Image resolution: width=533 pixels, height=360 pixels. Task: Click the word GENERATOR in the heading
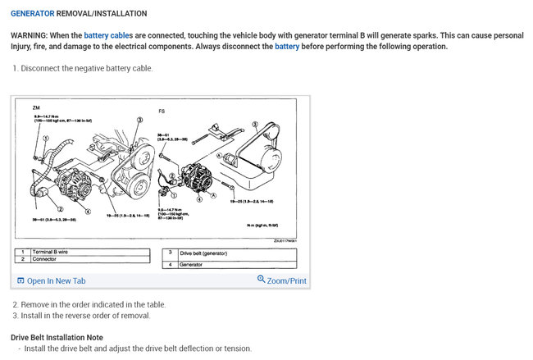pyautogui.click(x=32, y=14)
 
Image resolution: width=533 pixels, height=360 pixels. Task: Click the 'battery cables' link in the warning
pyautogui.click(x=108, y=36)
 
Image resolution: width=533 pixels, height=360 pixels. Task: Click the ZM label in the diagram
pyautogui.click(x=36, y=107)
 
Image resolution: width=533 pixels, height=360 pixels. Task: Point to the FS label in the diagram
pyautogui.click(x=161, y=110)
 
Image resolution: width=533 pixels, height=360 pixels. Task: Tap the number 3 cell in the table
pyautogui.click(x=170, y=253)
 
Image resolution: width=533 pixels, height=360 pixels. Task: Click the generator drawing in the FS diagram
pyautogui.click(x=197, y=180)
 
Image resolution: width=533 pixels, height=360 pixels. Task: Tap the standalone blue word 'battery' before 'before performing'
pyautogui.click(x=287, y=47)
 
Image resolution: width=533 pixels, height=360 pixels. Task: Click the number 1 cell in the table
pyautogui.click(x=23, y=252)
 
